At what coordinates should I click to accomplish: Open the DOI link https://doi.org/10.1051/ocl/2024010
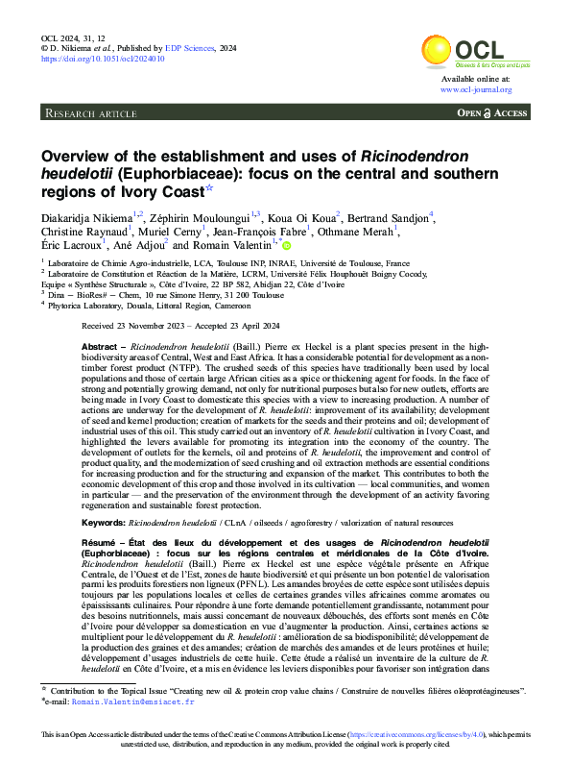(103, 59)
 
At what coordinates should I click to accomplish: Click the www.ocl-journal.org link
(476, 89)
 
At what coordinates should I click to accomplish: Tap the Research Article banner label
(91, 113)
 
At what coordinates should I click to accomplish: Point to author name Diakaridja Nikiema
(85, 214)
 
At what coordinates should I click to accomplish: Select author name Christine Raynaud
(78, 231)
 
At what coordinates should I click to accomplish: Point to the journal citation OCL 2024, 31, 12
(75, 35)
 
